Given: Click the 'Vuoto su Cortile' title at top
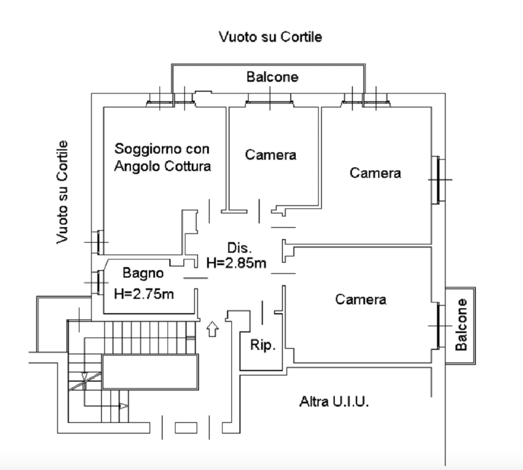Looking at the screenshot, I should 270,37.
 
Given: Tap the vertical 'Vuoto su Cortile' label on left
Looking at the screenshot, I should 63,191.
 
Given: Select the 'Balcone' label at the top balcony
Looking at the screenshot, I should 272,77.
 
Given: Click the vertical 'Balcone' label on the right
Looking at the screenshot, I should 462,325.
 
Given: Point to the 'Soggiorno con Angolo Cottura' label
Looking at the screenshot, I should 162,157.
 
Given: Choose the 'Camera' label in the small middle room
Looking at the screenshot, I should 270,155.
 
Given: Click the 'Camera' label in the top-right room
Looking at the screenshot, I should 375,173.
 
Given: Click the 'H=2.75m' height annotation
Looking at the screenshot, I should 144,294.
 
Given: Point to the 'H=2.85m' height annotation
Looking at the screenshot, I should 236,263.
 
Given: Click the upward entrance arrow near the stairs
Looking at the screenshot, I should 212,328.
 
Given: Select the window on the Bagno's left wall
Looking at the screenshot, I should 99,282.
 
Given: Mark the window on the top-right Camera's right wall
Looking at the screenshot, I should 436,180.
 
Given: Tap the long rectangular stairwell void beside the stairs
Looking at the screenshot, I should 150,372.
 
